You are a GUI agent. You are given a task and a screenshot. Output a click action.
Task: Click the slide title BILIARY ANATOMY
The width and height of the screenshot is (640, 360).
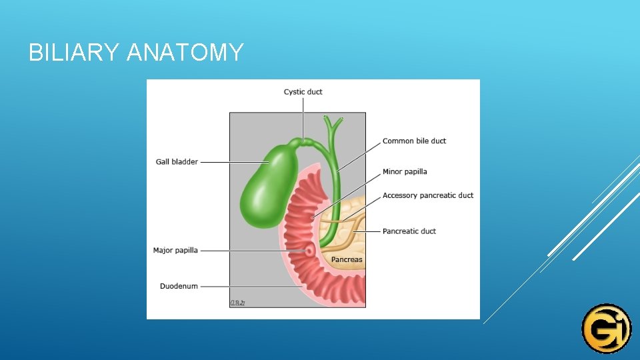point(136,52)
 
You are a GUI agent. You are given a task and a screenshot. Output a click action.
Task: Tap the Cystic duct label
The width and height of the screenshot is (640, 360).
point(303,92)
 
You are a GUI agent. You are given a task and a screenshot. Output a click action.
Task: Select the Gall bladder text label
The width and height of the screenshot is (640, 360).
point(177,162)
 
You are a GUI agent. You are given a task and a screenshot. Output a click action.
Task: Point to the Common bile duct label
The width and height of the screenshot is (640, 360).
point(414,141)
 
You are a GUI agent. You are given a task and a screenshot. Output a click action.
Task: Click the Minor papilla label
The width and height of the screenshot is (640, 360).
point(405,172)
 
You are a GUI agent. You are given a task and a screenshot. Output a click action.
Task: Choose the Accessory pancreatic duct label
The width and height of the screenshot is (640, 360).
point(428,196)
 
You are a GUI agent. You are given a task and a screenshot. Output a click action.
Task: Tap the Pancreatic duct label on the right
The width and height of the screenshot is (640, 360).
point(409,231)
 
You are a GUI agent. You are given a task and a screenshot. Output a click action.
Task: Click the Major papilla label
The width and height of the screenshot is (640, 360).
point(175,251)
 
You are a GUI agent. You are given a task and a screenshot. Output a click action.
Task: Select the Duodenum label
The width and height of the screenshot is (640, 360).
point(179,287)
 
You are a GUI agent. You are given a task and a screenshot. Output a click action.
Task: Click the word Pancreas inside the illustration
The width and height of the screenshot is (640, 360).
point(347,259)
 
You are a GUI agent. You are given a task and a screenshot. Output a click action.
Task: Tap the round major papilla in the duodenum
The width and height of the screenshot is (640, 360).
point(309,251)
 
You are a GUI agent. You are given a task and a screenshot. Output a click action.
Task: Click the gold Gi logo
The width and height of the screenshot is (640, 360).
point(606,328)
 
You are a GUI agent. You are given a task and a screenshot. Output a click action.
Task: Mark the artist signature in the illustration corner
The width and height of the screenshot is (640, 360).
point(238,303)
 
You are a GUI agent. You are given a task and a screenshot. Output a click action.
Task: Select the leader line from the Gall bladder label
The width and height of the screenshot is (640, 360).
point(233,162)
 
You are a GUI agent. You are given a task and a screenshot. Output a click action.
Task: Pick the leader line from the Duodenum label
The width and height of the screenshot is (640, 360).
point(247,287)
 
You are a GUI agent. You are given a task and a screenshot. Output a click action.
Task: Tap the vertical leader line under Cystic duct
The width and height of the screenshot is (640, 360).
point(303,117)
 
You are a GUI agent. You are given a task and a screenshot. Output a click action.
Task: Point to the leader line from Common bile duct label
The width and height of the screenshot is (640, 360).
point(360,156)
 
